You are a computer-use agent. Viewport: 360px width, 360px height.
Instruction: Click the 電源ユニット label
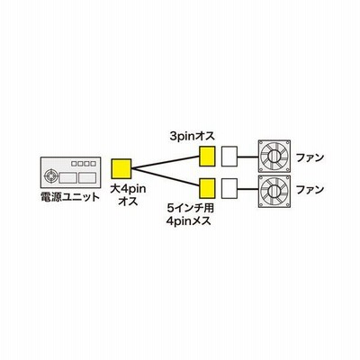(x=69, y=197)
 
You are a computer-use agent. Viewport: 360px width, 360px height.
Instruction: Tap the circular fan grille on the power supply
(x=50, y=175)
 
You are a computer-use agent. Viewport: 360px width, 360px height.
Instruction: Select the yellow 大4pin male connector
(x=121, y=169)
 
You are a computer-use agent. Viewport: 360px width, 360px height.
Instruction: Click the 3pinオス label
(x=193, y=137)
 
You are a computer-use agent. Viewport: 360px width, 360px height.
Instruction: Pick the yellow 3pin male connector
(x=208, y=157)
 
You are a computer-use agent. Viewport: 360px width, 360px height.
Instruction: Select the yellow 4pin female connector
(x=208, y=188)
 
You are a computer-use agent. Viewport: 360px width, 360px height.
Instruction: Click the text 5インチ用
(x=190, y=208)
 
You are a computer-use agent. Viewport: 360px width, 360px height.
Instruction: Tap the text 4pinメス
(x=189, y=221)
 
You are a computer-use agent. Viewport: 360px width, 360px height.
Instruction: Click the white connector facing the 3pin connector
(x=229, y=156)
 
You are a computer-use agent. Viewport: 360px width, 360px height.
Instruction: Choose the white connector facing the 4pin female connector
(x=229, y=188)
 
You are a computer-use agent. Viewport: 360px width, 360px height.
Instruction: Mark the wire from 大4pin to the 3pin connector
(x=166, y=162)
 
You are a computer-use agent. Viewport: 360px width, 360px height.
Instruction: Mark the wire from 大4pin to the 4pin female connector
(x=166, y=178)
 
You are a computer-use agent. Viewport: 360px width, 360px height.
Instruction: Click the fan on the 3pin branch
(x=274, y=156)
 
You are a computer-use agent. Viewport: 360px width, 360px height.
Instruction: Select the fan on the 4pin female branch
(x=274, y=190)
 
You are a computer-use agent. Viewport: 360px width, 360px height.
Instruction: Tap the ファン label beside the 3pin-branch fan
(x=310, y=157)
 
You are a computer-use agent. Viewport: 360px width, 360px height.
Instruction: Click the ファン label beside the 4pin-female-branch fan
(x=310, y=189)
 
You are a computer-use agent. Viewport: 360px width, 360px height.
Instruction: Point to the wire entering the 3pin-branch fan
(x=247, y=157)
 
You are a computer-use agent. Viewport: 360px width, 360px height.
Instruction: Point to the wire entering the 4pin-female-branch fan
(x=247, y=189)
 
